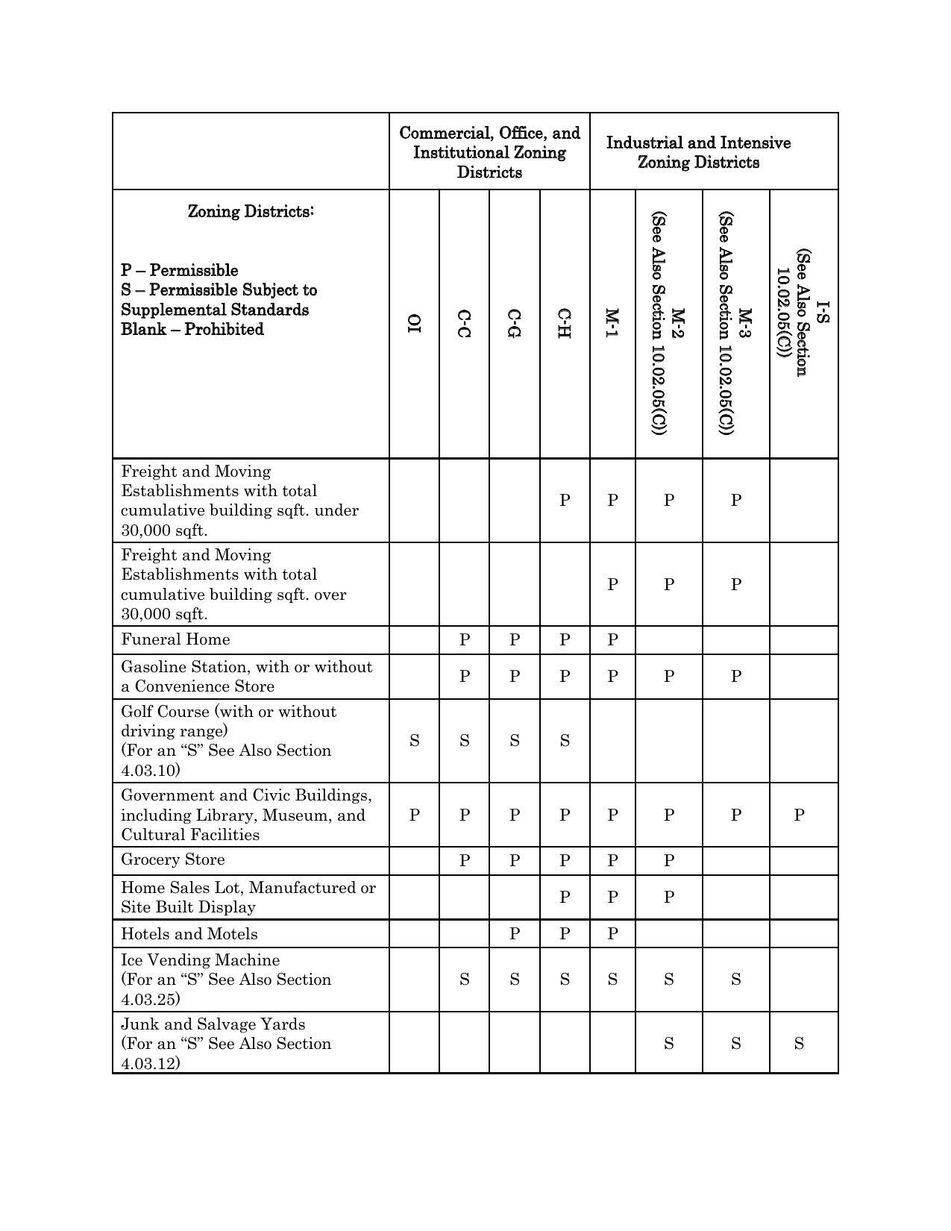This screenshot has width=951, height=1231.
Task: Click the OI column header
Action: [414, 323]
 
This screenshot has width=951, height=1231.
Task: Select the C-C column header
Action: [464, 323]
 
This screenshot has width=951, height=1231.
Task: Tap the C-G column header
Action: [514, 323]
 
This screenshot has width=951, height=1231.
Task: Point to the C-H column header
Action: [565, 323]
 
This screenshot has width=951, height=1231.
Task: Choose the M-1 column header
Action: [612, 323]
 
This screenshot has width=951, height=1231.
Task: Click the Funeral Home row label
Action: [176, 639]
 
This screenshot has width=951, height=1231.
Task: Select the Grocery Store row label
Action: [173, 859]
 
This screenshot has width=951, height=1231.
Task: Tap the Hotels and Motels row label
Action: [189, 934]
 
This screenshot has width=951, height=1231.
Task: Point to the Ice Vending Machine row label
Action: [201, 960]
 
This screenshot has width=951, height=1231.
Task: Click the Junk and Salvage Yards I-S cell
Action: [799, 1043]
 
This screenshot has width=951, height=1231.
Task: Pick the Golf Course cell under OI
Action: [414, 741]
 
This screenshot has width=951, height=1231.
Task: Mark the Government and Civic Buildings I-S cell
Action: [799, 815]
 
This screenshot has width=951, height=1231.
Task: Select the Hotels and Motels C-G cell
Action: [514, 934]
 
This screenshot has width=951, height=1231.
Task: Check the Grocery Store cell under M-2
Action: [668, 860]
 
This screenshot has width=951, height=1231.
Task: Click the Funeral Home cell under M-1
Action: [612, 639]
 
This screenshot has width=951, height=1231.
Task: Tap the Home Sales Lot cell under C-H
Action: [565, 897]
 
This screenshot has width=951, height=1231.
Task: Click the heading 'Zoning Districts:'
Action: [251, 212]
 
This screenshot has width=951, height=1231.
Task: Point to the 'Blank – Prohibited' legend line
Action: [192, 330]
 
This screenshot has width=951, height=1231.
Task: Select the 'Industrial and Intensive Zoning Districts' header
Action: [698, 152]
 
